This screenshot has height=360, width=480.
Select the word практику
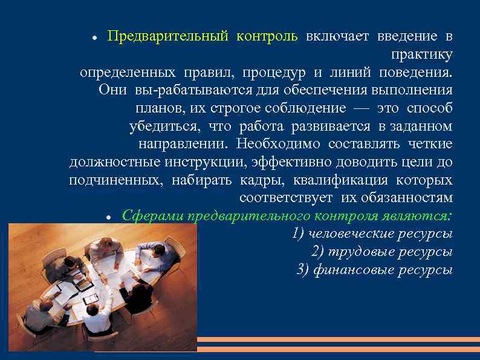[x=421, y=54]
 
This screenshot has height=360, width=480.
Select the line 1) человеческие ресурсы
[x=372, y=234]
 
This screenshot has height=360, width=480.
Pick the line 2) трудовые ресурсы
[x=382, y=252]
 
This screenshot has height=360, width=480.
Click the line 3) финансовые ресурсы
[x=375, y=269]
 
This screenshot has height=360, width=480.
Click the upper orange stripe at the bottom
[x=339, y=339]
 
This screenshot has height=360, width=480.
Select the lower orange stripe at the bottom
[x=339, y=349]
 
